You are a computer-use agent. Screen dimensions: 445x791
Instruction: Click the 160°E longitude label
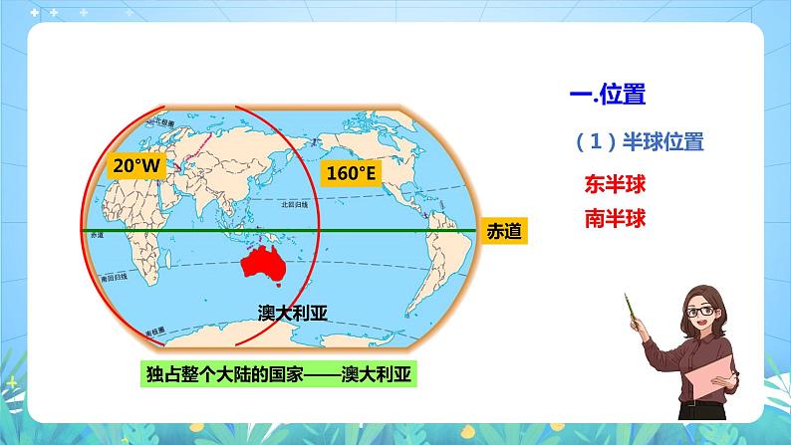352,173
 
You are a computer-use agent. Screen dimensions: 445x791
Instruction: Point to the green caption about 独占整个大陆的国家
281,374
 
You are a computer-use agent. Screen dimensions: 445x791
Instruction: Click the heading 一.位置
607,95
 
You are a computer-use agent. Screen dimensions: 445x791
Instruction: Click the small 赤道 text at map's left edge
97,236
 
